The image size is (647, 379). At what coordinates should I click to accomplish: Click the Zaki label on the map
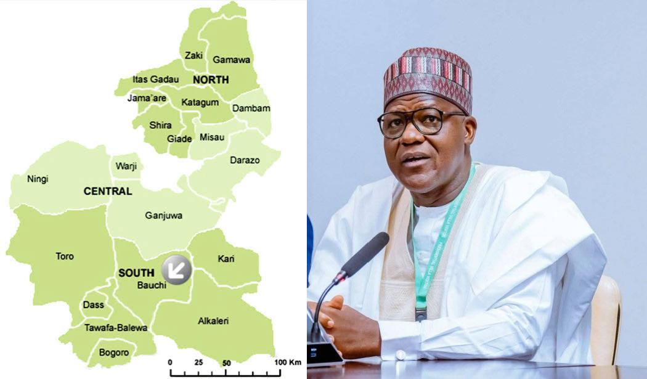click(x=194, y=55)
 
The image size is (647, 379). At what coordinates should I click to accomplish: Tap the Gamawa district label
click(x=231, y=60)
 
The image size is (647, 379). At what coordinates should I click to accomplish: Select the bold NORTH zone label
click(x=211, y=79)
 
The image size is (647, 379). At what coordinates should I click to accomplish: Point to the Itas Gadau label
click(x=156, y=79)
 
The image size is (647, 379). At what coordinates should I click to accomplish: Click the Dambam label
click(x=251, y=108)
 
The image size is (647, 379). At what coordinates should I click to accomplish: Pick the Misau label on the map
click(x=212, y=137)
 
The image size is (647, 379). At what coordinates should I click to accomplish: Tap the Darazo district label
click(x=245, y=160)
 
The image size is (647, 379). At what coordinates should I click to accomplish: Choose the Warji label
click(x=126, y=166)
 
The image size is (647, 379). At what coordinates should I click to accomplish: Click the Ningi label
click(x=38, y=179)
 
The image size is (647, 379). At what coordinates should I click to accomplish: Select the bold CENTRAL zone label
click(x=108, y=192)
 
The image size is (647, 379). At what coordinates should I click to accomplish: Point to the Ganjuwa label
click(x=163, y=216)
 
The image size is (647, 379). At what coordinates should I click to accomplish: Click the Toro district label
click(x=65, y=256)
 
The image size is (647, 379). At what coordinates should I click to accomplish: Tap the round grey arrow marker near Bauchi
click(x=177, y=269)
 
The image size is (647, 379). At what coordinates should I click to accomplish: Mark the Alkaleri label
click(x=213, y=321)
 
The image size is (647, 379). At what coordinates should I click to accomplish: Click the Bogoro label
click(x=114, y=353)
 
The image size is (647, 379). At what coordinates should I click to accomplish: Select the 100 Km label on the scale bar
click(x=287, y=362)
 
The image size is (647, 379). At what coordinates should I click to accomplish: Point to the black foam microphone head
click(x=364, y=255)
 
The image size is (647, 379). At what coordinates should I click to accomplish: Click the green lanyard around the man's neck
click(x=435, y=247)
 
